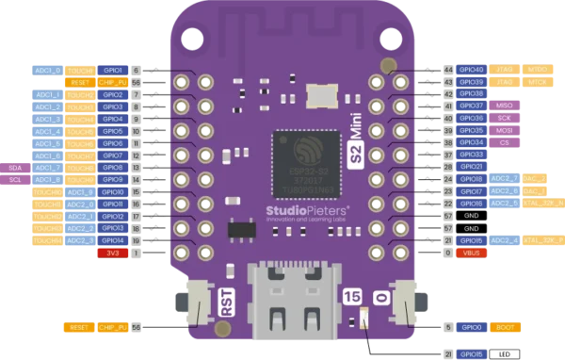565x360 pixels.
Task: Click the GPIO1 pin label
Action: [x=113, y=70]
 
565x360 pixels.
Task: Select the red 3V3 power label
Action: [x=111, y=253]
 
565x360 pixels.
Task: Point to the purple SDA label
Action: [x=15, y=167]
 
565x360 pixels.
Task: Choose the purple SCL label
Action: [x=15, y=179]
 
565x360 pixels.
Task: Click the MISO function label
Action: [x=505, y=106]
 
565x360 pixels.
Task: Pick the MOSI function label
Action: [x=505, y=130]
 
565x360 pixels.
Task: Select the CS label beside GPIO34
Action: [x=505, y=142]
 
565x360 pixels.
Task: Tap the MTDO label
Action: [x=538, y=70]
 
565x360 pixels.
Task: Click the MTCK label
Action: [x=538, y=81]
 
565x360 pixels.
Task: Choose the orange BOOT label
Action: [x=505, y=327]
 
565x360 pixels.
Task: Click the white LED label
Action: [x=505, y=353]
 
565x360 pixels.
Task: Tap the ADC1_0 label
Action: [x=47, y=70]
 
